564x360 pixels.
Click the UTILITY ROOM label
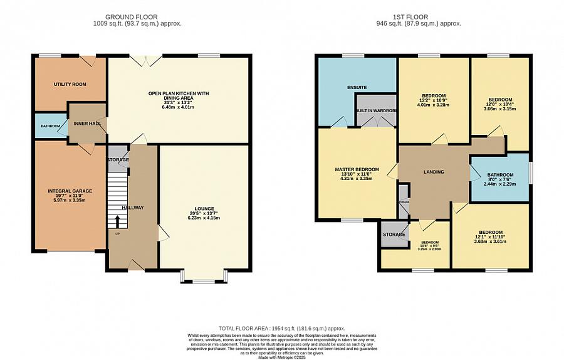(x=70, y=84)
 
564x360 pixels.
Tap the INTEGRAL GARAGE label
(x=70, y=191)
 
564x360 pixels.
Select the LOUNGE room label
(x=204, y=209)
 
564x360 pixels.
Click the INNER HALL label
(x=87, y=124)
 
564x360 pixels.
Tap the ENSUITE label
(x=357, y=87)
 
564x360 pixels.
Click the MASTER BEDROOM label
(x=357, y=169)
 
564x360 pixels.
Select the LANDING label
(x=434, y=172)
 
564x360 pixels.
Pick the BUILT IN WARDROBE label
(x=376, y=111)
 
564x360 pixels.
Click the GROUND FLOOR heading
(x=132, y=17)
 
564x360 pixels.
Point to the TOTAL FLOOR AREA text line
(x=282, y=328)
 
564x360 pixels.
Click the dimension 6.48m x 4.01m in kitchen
(x=179, y=107)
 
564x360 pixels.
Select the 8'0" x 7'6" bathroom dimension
(x=501, y=179)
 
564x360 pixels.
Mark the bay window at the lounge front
(x=204, y=277)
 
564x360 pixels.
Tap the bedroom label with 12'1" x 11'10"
(x=491, y=232)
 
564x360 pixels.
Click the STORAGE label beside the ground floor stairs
(x=118, y=160)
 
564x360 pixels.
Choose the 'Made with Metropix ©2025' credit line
(x=281, y=357)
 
